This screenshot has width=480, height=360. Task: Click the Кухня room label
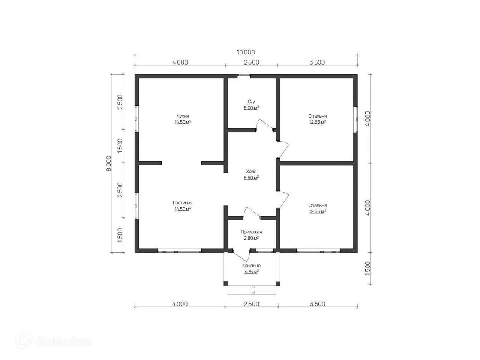pyautogui.click(x=182, y=116)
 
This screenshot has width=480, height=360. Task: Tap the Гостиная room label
pyautogui.click(x=182, y=203)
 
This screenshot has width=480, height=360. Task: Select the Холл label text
pyautogui.click(x=251, y=171)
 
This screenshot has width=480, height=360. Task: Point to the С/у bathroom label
pyautogui.click(x=251, y=101)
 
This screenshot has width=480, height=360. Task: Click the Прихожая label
pyautogui.click(x=251, y=232)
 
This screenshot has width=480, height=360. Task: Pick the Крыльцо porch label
pyautogui.click(x=251, y=265)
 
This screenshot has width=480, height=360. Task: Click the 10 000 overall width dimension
pyautogui.click(x=246, y=52)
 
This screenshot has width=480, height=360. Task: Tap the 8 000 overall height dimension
pyautogui.click(x=109, y=163)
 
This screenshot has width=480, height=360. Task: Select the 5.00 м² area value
pyautogui.click(x=251, y=108)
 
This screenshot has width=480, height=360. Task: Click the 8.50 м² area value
pyautogui.click(x=251, y=177)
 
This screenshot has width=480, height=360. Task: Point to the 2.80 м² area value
pyautogui.click(x=251, y=238)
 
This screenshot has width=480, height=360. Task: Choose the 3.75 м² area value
pyautogui.click(x=251, y=272)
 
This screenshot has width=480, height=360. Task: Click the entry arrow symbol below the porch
pyautogui.click(x=253, y=290)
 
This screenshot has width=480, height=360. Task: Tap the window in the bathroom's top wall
pyautogui.click(x=244, y=76)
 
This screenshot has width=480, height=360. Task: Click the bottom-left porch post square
pyautogui.click(x=226, y=284)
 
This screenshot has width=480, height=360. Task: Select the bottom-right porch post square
pyautogui.click(x=278, y=284)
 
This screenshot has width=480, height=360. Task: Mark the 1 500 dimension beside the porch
pyautogui.click(x=367, y=268)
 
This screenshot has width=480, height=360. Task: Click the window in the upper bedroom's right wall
pyautogui.click(x=356, y=120)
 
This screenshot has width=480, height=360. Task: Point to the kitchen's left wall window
pyautogui.click(x=136, y=119)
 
